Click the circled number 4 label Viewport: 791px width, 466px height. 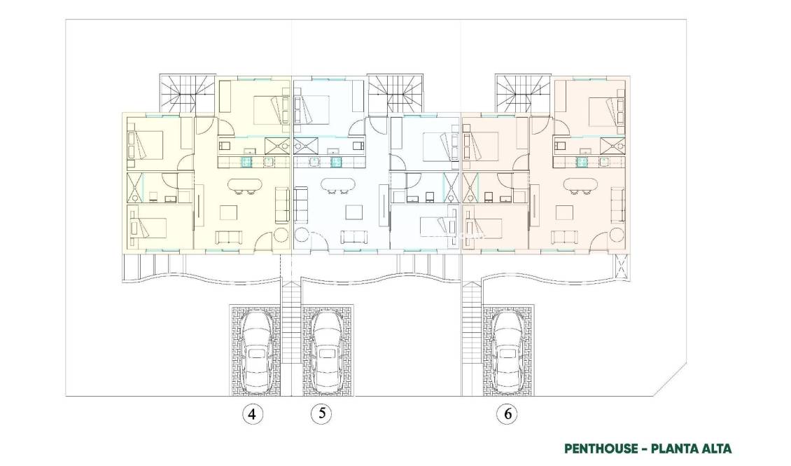point(253,414)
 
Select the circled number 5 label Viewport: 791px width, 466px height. point(321,413)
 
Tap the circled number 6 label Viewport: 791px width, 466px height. point(507,414)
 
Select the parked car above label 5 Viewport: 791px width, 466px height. point(326,350)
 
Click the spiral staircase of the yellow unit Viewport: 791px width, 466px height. point(187,90)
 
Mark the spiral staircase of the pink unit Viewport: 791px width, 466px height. point(521,90)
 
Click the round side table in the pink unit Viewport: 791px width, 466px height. point(617,234)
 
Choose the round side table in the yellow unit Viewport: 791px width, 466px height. point(281,234)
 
